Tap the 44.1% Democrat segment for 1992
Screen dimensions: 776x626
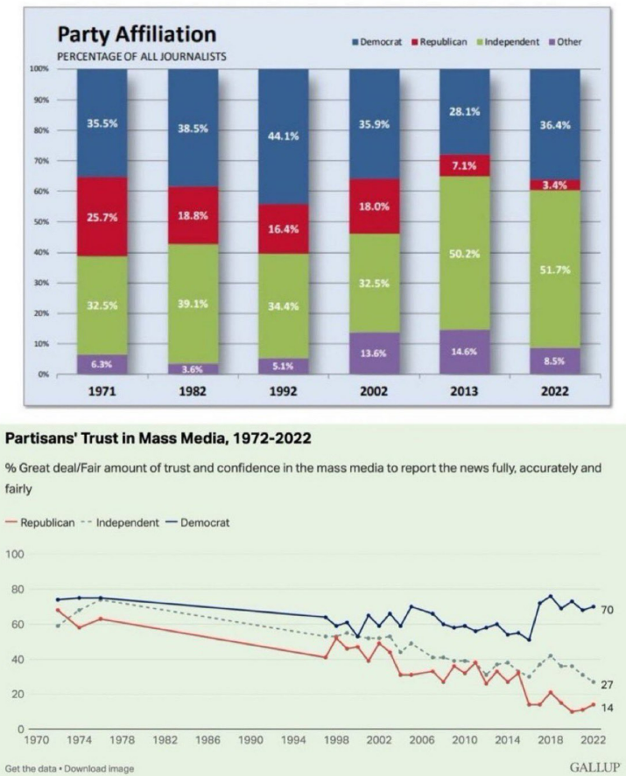(x=283, y=136)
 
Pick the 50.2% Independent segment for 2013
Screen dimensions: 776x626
(x=464, y=253)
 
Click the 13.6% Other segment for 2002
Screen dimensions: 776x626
(x=374, y=353)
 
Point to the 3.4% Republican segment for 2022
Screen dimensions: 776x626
(x=555, y=185)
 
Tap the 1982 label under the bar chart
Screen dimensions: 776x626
(x=193, y=391)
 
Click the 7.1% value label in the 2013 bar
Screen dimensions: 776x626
(x=464, y=166)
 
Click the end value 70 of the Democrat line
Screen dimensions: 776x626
(x=606, y=609)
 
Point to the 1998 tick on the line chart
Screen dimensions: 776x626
(x=337, y=740)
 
